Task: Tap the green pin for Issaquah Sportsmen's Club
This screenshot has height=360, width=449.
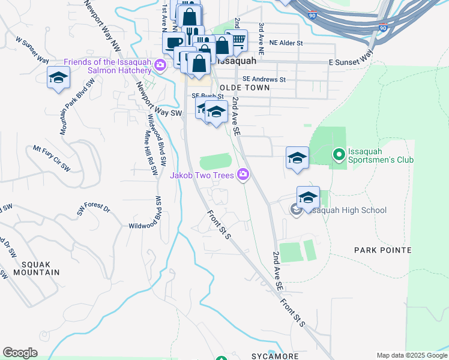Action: pos(338,155)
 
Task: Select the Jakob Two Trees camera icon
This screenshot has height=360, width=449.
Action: pos(243,175)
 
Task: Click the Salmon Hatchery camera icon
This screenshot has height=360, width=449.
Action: pos(160,65)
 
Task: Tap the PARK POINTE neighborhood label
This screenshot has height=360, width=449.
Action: pos(382,250)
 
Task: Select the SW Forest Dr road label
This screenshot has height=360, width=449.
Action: pos(94,209)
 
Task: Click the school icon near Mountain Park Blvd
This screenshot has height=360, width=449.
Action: pos(59,77)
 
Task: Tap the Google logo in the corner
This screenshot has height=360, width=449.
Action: pos(20,353)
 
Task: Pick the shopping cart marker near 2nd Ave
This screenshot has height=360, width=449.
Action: pos(238,41)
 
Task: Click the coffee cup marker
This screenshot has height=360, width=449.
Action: pos(173,42)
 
